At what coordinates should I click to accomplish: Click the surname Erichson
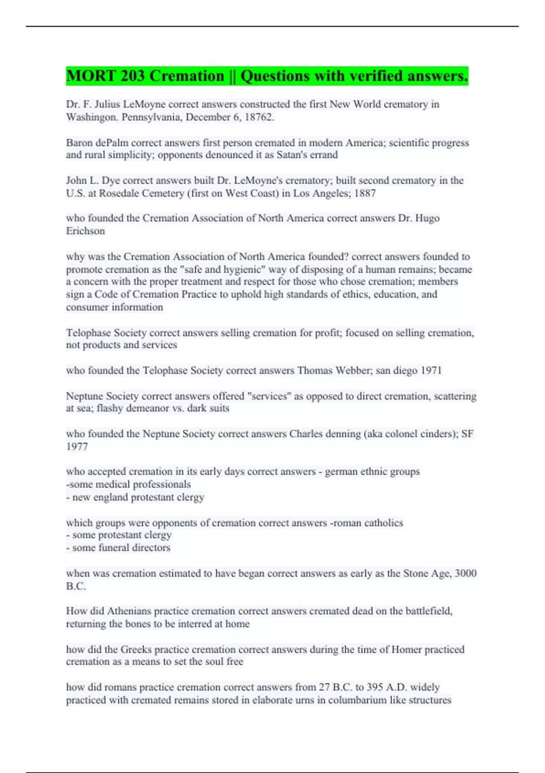pyautogui.click(x=85, y=231)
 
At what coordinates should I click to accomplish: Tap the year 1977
pyautogui.click(x=77, y=447)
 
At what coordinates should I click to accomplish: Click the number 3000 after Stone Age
pyautogui.click(x=466, y=573)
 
